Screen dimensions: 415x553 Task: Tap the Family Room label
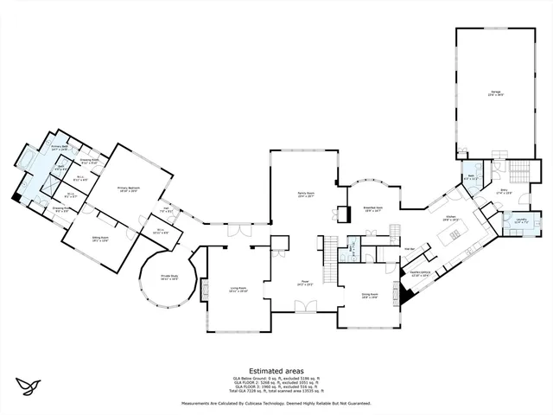point(304,197)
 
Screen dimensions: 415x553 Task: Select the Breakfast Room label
point(373,208)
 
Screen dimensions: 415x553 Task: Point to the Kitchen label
point(450,220)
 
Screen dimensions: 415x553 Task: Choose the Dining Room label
point(371,295)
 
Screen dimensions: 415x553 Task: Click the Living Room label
point(238,290)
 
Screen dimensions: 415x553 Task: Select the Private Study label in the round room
point(168,278)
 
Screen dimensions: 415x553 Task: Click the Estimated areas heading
point(276,369)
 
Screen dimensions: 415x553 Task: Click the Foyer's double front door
point(305,306)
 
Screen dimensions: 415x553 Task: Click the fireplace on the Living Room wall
point(205,291)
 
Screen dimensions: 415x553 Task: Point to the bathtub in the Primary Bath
point(27,161)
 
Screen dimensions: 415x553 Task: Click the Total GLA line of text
point(276,393)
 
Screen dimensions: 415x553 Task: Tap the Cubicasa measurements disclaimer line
point(276,404)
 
